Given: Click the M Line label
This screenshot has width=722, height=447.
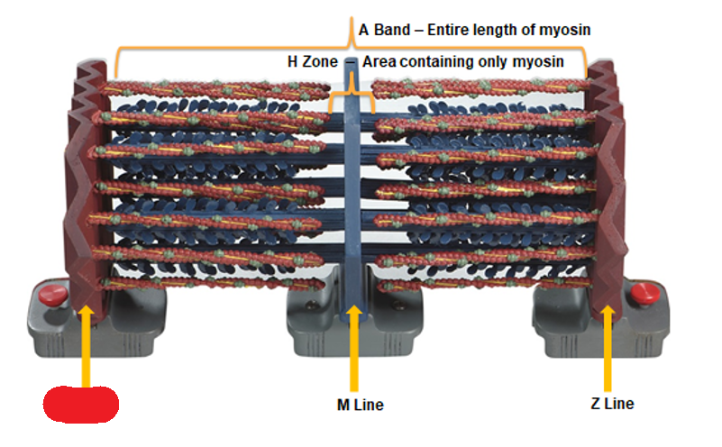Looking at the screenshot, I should click(353, 405).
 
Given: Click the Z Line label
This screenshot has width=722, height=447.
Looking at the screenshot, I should click(611, 403).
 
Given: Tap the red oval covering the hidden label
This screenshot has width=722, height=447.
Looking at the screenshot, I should click(82, 404).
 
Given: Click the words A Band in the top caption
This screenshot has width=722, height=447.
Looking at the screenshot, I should click(383, 31).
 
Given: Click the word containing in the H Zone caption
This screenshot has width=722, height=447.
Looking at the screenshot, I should click(435, 62).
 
